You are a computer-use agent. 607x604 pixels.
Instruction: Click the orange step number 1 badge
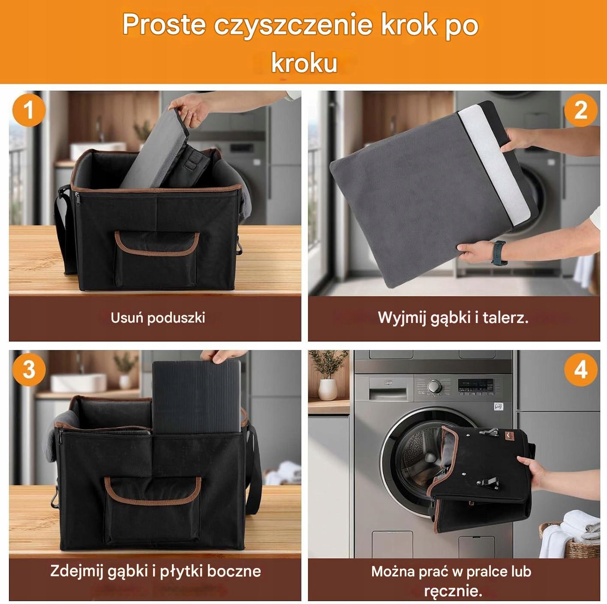[x=29, y=110]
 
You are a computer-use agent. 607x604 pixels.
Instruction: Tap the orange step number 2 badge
[x=580, y=110]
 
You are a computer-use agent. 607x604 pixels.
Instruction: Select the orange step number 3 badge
[x=29, y=369]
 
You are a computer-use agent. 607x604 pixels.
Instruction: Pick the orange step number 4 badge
[x=580, y=369]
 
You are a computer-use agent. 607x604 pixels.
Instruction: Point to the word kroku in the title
[x=304, y=63]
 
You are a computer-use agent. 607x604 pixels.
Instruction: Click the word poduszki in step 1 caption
[x=176, y=318]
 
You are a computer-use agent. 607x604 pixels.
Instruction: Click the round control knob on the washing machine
[x=434, y=386]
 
